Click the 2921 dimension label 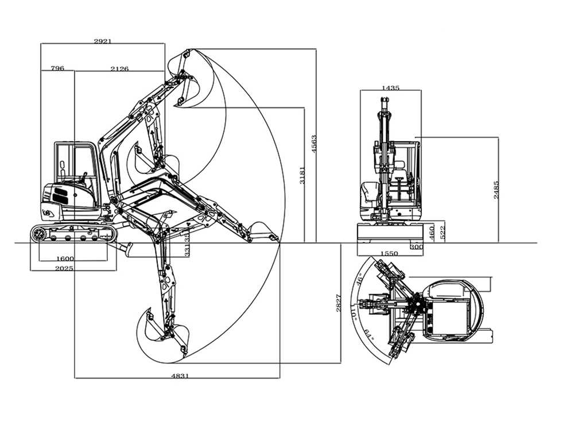[x=103, y=41]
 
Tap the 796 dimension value [x=57, y=68]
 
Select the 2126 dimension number [x=119, y=69]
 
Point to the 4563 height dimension [x=313, y=144]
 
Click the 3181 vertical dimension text [x=302, y=175]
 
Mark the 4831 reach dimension [x=180, y=376]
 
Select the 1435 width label [x=390, y=88]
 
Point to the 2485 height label [x=497, y=190]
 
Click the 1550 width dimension [x=389, y=253]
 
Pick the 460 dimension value [x=432, y=232]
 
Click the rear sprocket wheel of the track [x=39, y=234]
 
